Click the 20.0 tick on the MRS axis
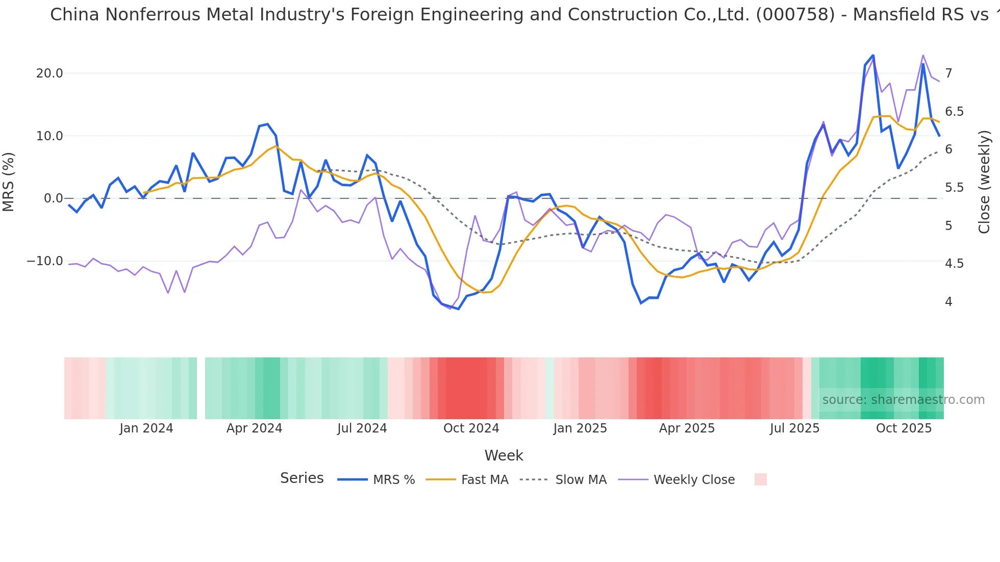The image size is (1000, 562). click(x=49, y=73)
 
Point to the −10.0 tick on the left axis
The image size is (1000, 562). click(x=45, y=261)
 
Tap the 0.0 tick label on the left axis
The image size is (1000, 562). click(x=53, y=198)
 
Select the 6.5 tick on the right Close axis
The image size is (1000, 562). click(x=954, y=112)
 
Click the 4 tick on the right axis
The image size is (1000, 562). click(x=948, y=302)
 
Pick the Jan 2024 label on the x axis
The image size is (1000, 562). click(x=146, y=428)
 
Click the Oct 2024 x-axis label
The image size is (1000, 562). click(x=471, y=428)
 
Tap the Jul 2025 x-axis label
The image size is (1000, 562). click(x=794, y=428)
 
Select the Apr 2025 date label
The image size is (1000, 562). click(x=687, y=428)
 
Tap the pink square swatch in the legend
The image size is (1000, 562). click(x=760, y=479)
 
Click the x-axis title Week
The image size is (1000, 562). click(x=504, y=455)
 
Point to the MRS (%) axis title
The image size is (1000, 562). click(x=9, y=182)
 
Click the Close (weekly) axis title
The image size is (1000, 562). click(x=984, y=182)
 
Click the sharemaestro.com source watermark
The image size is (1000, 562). click(x=903, y=400)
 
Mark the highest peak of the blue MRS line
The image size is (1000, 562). click(x=873, y=56)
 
